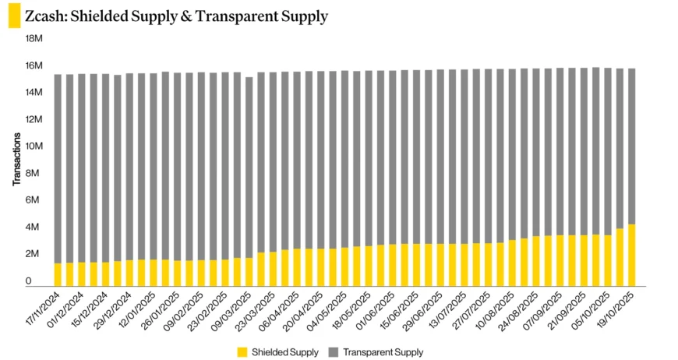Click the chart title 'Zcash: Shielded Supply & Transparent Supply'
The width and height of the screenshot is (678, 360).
176,16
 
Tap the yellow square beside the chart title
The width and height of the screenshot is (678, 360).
14,16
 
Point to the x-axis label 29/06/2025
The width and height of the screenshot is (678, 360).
420,310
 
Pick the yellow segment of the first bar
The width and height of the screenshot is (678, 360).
58,274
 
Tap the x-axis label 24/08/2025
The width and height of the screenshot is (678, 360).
515,310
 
